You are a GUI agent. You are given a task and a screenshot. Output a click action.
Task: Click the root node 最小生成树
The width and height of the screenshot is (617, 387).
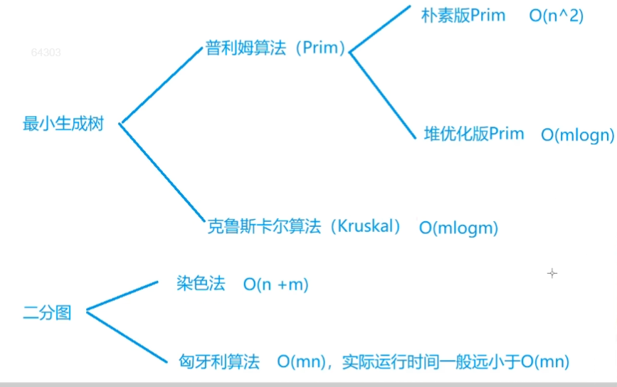pos(63,124)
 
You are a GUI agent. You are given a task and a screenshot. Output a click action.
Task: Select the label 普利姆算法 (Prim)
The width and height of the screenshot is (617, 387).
pos(275,50)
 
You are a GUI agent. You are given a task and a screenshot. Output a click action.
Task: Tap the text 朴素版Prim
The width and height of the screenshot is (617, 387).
pos(463,16)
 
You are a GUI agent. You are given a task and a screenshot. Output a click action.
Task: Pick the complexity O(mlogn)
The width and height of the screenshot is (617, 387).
pos(576,135)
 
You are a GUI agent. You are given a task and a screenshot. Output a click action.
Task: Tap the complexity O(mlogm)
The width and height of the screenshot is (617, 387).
pos(458,228)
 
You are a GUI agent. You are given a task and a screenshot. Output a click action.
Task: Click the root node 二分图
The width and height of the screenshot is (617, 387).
pos(48,312)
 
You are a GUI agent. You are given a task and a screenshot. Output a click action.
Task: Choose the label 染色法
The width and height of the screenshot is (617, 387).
pos(201,284)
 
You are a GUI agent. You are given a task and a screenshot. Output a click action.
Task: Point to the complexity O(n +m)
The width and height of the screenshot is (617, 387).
pos(275,285)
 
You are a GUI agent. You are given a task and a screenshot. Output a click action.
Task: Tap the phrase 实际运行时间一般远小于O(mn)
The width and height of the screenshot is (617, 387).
pos(455,361)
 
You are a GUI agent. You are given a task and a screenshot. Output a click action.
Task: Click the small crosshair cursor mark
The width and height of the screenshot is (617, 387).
pos(552,273)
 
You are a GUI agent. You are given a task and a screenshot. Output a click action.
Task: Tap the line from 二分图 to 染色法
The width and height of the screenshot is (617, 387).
pos(121,296)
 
